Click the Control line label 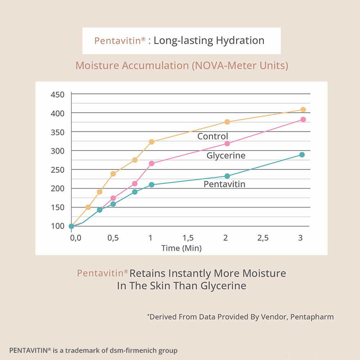pos(213,136)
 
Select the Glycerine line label pos(226,156)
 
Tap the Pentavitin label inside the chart pos(224,184)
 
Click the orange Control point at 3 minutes pos(303,110)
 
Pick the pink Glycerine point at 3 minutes pos(303,120)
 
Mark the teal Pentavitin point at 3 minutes pos(302,155)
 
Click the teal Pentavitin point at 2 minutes pos(227,176)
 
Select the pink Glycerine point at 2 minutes pos(227,144)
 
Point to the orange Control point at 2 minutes pos(227,122)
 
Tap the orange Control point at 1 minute pos(152,142)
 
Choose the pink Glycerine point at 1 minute pos(152,163)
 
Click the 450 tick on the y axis pos(58,95)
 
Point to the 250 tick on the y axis pos(58,170)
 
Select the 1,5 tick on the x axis pos(188,238)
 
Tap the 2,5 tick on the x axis pos(263,238)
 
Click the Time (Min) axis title pos(181,248)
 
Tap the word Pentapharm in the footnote pos(312,317)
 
